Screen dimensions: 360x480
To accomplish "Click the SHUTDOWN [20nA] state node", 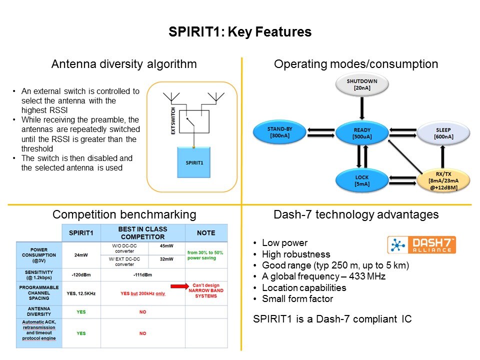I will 362,85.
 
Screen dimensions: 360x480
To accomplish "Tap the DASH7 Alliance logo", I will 421,244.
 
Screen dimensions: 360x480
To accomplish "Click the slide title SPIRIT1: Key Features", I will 240,32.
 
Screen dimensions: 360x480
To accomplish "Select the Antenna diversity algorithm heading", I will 124,64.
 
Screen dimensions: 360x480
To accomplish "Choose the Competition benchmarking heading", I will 124,215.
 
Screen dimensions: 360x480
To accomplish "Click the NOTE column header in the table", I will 206,233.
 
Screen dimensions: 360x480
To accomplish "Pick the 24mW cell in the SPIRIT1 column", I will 81,254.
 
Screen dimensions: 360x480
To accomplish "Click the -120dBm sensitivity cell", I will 81,274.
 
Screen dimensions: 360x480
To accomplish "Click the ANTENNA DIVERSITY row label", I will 38,312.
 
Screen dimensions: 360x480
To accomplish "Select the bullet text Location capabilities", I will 304,287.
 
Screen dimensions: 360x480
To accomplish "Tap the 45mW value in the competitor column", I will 167,246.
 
